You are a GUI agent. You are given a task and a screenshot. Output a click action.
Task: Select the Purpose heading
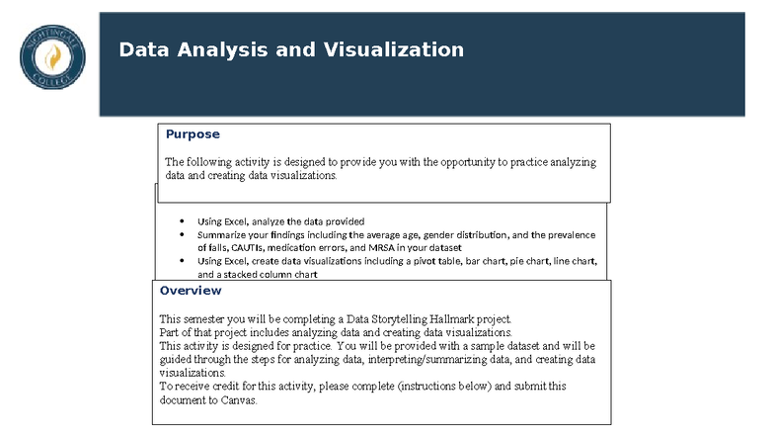click(x=193, y=134)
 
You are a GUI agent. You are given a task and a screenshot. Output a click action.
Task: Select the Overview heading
click(x=191, y=291)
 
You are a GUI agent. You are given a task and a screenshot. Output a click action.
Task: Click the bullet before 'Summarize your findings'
click(x=182, y=235)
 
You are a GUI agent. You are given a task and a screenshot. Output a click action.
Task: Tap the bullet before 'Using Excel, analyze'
click(x=182, y=221)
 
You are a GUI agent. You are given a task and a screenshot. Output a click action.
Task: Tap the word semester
click(x=208, y=319)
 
